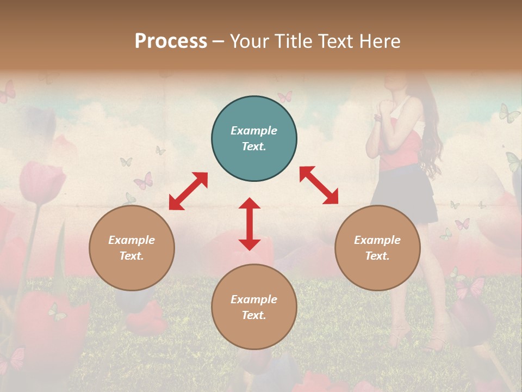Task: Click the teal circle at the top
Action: (x=254, y=139)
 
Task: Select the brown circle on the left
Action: (x=132, y=248)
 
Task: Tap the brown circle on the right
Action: (x=377, y=248)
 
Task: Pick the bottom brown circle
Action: (x=254, y=307)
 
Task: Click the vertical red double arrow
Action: (x=250, y=224)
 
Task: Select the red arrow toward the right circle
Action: (x=319, y=185)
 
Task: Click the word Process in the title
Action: (x=171, y=41)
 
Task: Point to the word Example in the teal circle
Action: (x=254, y=131)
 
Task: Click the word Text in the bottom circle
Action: (x=253, y=315)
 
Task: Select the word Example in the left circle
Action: (x=132, y=240)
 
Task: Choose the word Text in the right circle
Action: (x=377, y=256)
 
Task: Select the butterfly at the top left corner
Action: (x=8, y=91)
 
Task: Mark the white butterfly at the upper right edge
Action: (x=509, y=113)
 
